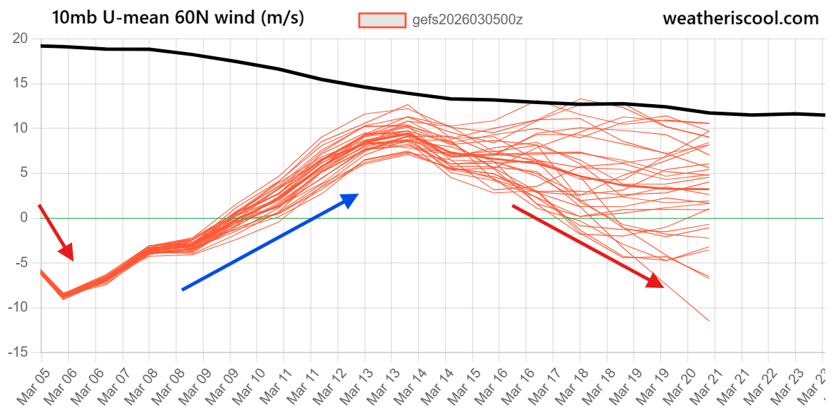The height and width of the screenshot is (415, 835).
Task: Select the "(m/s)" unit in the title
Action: coord(282,19)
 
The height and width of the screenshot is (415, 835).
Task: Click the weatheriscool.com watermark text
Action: coord(741,19)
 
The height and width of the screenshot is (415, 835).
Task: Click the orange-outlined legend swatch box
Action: coord(382,20)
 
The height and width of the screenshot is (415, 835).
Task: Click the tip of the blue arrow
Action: coord(358,194)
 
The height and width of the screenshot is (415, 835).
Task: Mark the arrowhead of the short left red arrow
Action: coord(72,260)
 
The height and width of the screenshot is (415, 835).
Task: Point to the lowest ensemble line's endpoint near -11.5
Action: coord(709,321)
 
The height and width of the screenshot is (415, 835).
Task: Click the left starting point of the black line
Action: coord(41,46)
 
